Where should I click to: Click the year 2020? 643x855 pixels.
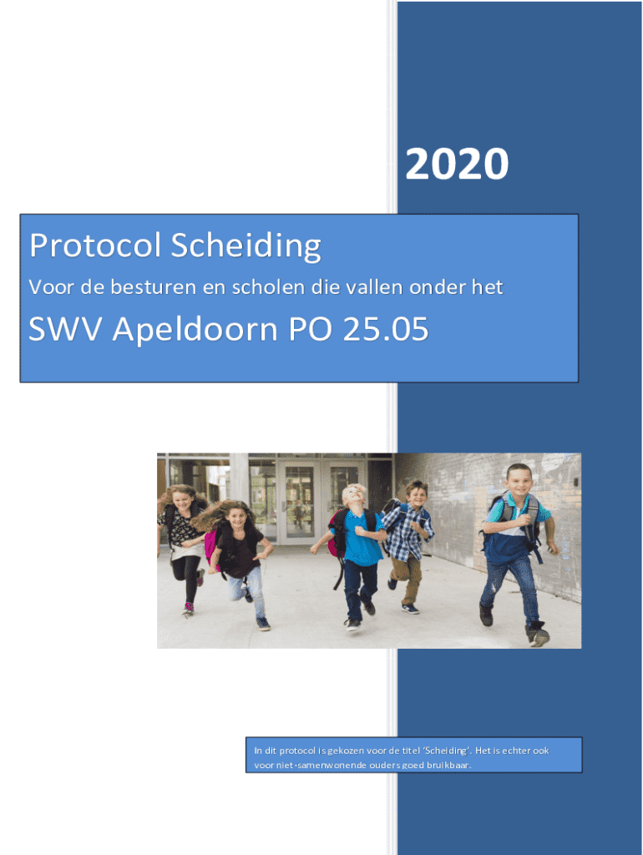click(457, 164)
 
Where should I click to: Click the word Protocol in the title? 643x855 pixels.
click(95, 245)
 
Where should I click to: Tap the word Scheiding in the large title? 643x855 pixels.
click(246, 246)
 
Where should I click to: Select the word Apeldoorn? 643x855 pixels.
click(195, 329)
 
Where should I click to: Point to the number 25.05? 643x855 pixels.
click(386, 329)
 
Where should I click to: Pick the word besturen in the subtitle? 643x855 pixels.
click(154, 287)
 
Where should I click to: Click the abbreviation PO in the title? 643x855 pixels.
click(309, 329)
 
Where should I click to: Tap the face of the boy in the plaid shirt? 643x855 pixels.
click(418, 494)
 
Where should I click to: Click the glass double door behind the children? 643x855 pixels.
click(320, 502)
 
